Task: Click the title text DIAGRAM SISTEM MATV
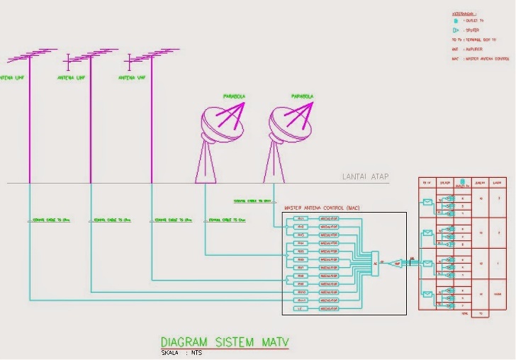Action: pos(225,342)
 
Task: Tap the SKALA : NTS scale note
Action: pos(181,352)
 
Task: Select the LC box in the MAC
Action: pos(301,309)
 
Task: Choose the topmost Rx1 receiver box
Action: pos(301,219)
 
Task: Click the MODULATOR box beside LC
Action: pos(330,309)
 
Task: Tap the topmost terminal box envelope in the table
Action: pos(427,202)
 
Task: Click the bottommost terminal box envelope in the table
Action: pos(427,293)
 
